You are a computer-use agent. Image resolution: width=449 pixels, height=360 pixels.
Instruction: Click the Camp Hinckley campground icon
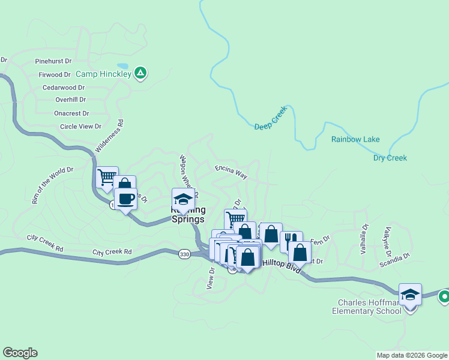140,73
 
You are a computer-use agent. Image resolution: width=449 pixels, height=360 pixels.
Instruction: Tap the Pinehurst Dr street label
53,61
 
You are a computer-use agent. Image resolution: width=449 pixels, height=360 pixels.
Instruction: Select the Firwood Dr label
55,74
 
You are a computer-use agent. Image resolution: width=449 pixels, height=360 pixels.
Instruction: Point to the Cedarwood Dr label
63,87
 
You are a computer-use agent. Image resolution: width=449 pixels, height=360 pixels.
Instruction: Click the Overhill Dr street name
70,100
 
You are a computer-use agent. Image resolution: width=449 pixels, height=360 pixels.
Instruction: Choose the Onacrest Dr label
71,113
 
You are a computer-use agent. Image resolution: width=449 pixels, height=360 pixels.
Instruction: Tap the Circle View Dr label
81,127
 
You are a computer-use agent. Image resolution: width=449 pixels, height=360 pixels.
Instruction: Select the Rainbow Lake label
355,139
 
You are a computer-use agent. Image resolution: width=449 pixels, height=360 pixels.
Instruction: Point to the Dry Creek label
390,158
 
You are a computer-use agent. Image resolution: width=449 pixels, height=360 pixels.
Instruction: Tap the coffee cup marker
125,199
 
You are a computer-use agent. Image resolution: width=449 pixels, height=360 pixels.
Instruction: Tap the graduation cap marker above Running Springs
183,199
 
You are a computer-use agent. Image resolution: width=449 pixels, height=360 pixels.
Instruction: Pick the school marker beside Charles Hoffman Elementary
410,295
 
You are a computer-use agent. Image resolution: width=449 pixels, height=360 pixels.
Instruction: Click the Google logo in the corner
20,353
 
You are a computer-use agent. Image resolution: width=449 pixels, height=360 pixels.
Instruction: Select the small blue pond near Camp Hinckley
122,65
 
